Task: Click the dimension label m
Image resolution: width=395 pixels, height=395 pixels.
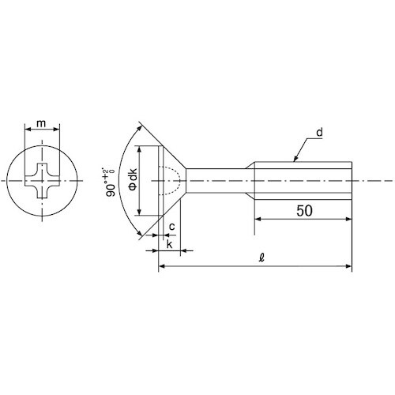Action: [x=41, y=123]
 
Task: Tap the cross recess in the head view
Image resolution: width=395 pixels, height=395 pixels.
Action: [x=42, y=181]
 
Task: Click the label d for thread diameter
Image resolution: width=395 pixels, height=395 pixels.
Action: [x=319, y=132]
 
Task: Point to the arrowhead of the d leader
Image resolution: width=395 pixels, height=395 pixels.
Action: [x=295, y=159]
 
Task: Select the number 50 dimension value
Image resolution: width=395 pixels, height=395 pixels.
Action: [x=305, y=211]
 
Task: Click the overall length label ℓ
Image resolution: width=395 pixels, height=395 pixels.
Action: [x=261, y=258]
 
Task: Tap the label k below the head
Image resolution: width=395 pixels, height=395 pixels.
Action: [x=169, y=244]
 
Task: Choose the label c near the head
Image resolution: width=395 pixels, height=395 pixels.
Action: [x=171, y=227]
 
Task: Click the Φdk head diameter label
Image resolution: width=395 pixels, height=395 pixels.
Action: [x=133, y=179]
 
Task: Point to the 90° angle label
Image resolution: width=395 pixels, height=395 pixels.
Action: [x=110, y=182]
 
